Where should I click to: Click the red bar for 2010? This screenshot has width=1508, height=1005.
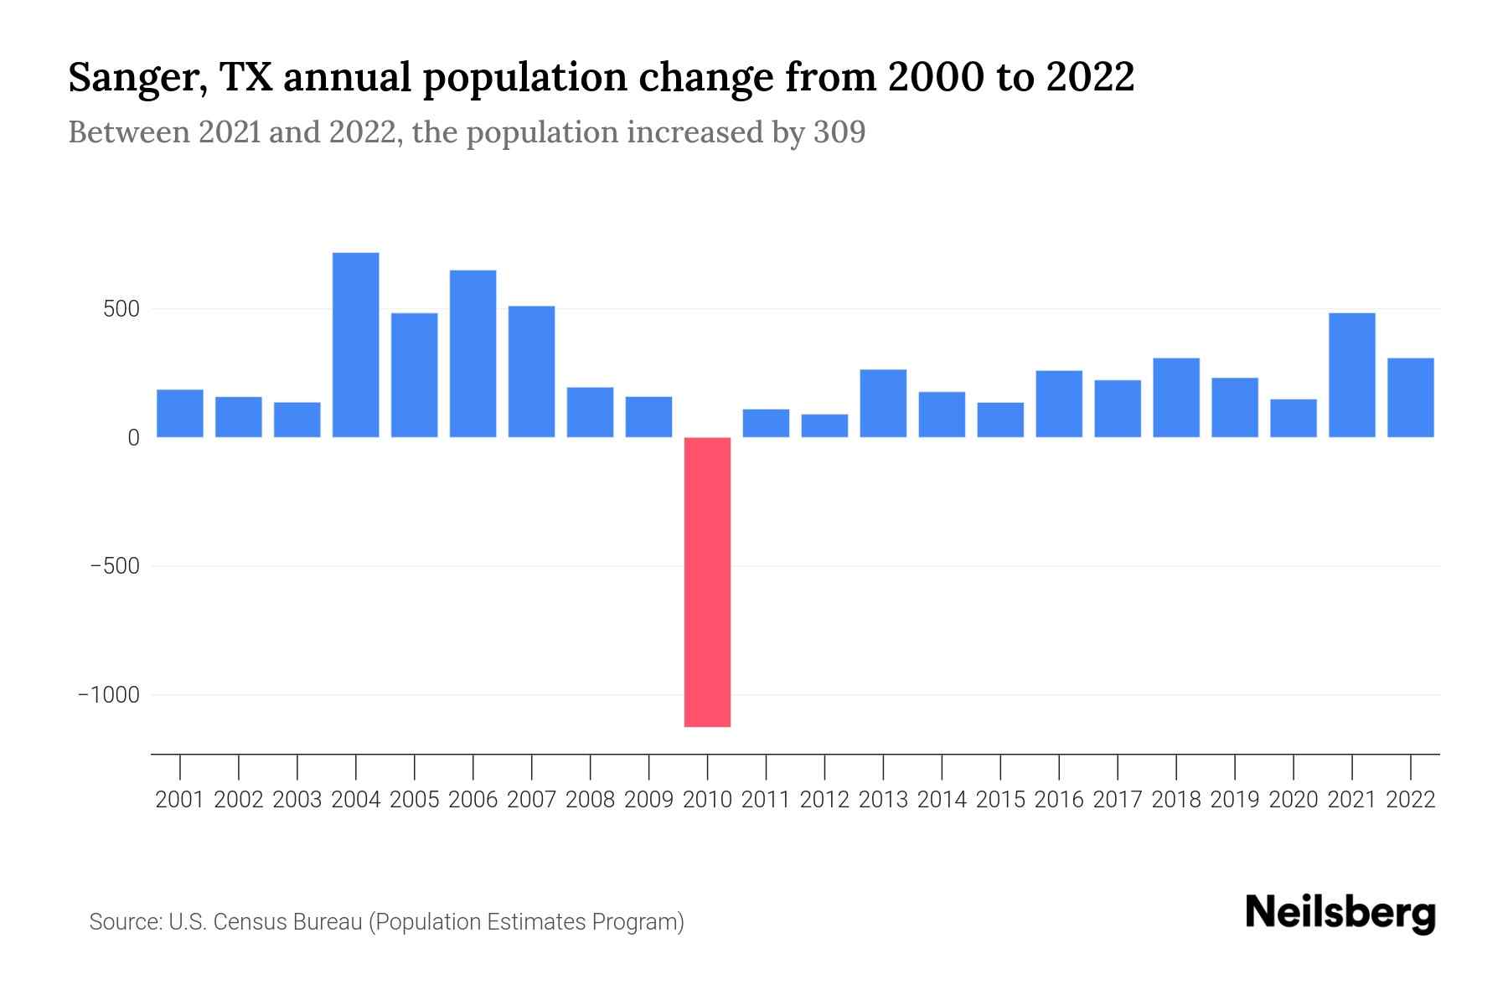tap(707, 581)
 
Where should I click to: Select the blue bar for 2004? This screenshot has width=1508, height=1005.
tap(355, 345)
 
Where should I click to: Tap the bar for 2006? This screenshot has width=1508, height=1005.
tap(473, 353)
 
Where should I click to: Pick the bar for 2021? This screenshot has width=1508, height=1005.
tap(1351, 375)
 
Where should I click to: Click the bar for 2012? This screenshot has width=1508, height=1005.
tap(824, 425)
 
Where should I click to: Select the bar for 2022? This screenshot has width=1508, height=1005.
tap(1410, 398)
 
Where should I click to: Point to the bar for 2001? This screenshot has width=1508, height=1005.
tap(180, 413)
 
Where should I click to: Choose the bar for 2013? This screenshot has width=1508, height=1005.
tap(883, 403)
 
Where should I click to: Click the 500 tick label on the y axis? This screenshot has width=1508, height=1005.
tap(121, 309)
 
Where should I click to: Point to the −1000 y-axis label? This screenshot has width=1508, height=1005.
tap(109, 695)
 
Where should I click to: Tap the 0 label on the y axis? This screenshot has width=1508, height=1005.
tap(133, 438)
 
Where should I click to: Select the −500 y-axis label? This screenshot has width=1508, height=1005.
tap(115, 566)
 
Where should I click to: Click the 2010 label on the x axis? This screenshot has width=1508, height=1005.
tap(707, 800)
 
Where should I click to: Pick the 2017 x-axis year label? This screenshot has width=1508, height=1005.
tap(1117, 800)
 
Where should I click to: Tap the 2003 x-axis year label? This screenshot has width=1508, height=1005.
tap(297, 800)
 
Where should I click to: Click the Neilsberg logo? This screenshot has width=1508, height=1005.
tap(1340, 913)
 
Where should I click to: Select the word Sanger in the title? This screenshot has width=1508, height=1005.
tap(134, 78)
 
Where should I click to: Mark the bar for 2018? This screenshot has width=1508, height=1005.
tap(1175, 398)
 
